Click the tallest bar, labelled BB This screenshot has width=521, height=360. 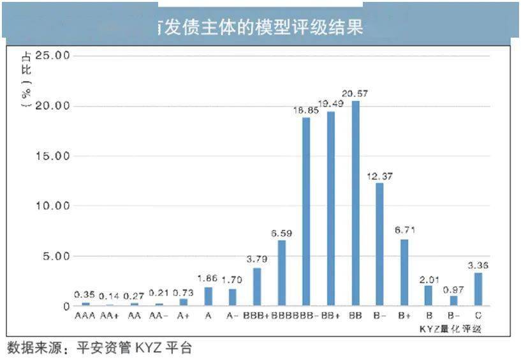(x=355, y=203)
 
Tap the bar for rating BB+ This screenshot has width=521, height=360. (x=330, y=209)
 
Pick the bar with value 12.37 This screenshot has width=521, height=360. (x=379, y=244)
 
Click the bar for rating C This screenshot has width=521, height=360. (x=478, y=289)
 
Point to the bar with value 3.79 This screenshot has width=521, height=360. (x=257, y=287)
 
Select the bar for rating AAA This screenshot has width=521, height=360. (x=86, y=304)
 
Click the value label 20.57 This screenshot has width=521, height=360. (x=355, y=94)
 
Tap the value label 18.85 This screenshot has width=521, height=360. (x=305, y=110)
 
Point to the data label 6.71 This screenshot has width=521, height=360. (x=404, y=232)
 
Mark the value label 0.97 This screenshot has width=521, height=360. (x=453, y=289)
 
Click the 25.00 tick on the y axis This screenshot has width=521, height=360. (x=53, y=56)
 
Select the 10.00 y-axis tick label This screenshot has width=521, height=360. (x=53, y=206)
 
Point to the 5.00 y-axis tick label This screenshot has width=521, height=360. (x=55, y=256)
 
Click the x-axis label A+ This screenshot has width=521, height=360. (x=184, y=316)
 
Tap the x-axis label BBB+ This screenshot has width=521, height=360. (x=257, y=316)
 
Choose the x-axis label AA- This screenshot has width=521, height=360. (x=159, y=316)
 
